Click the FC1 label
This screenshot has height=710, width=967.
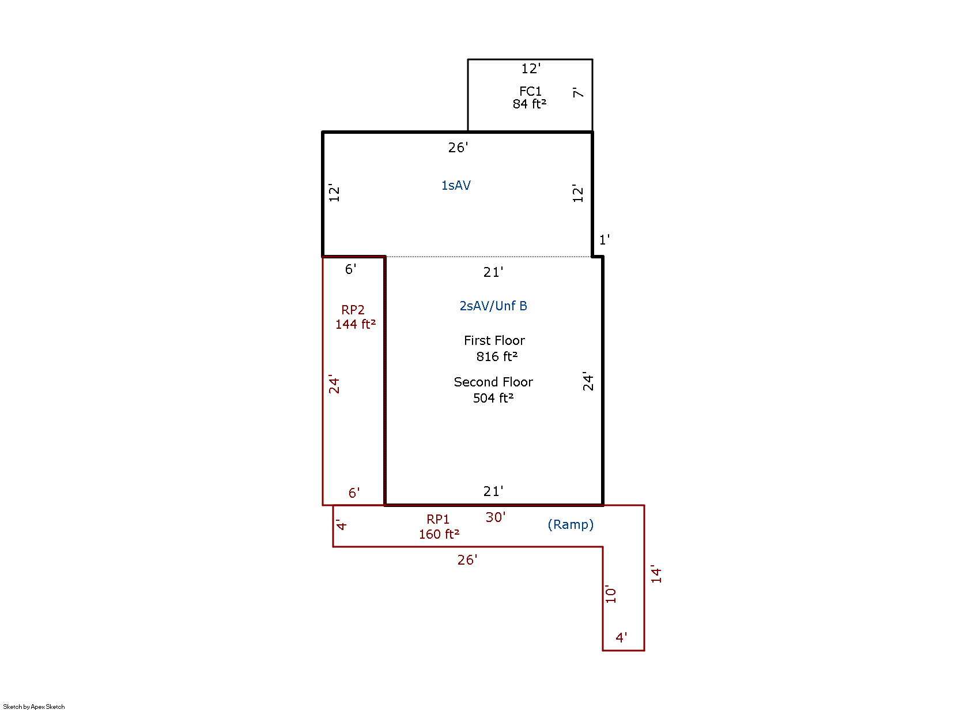(530, 92)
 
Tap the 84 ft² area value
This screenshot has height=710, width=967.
(529, 104)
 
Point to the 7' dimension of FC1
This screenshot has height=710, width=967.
(577, 92)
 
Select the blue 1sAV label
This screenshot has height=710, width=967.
(456, 185)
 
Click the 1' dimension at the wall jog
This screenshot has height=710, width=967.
(605, 239)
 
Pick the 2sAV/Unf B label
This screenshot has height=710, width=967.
(493, 306)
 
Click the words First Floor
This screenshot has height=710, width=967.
(494, 340)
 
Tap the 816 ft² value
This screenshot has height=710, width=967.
(496, 356)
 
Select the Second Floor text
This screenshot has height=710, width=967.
(493, 382)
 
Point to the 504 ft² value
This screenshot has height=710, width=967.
(493, 398)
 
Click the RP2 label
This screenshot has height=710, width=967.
(353, 310)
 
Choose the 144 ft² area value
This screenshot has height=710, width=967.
(356, 324)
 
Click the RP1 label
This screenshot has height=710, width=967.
(438, 519)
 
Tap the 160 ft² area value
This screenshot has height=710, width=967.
(439, 534)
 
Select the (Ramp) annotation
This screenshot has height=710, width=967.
(571, 525)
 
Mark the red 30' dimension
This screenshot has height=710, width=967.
(495, 517)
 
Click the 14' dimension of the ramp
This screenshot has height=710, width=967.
(656, 574)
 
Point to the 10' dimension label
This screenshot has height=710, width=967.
(610, 594)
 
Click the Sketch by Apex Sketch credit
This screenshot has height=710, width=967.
(33, 707)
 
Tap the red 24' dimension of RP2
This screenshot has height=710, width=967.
(334, 384)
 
